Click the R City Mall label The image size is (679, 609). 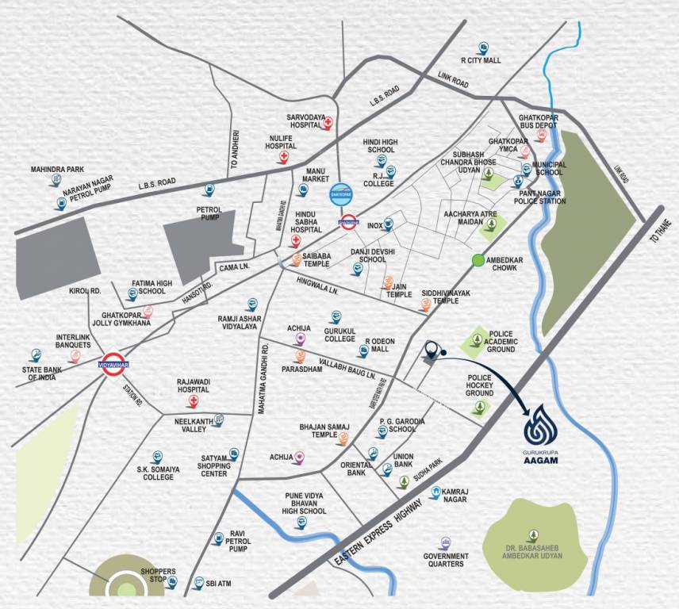click(x=481, y=59)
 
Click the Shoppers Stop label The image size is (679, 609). click(x=158, y=576)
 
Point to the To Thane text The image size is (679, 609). click(x=659, y=230)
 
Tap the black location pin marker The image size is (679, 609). click(x=431, y=350)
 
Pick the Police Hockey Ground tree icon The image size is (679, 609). click(x=478, y=408)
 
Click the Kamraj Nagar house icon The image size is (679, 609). click(x=435, y=492)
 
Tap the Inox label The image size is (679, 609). click(x=375, y=225)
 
